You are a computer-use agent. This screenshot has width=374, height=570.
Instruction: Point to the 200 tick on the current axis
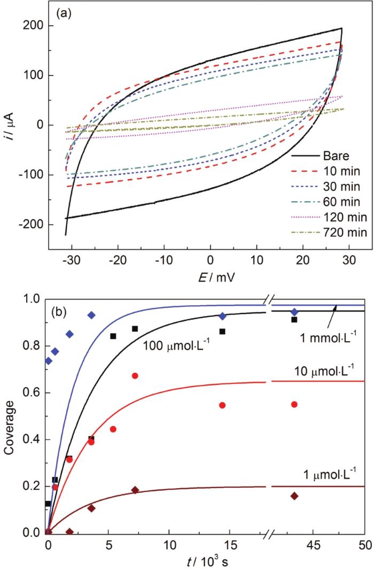(35, 26)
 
